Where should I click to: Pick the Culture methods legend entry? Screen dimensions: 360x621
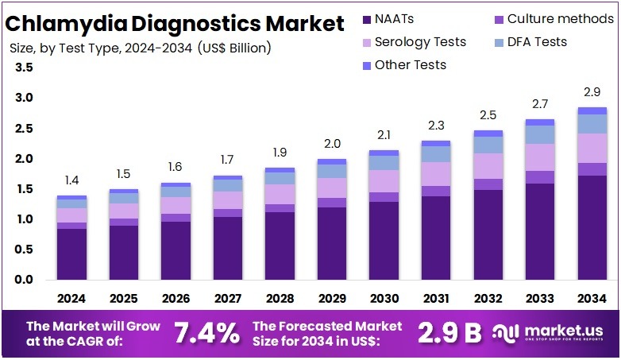click(x=553, y=18)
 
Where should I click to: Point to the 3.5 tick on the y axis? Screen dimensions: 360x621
click(x=24, y=68)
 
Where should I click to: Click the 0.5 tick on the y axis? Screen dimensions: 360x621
click(x=24, y=250)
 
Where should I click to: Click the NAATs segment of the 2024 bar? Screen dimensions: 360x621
click(x=71, y=254)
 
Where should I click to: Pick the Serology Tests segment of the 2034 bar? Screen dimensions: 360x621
click(x=592, y=148)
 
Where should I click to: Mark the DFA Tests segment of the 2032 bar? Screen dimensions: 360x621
click(x=488, y=145)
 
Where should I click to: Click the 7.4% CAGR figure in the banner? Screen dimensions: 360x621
click(x=206, y=333)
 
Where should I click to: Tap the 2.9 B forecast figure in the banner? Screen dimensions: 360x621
click(x=449, y=333)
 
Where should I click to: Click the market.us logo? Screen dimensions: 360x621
click(x=549, y=333)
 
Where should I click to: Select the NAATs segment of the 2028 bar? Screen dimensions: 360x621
click(x=280, y=246)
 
